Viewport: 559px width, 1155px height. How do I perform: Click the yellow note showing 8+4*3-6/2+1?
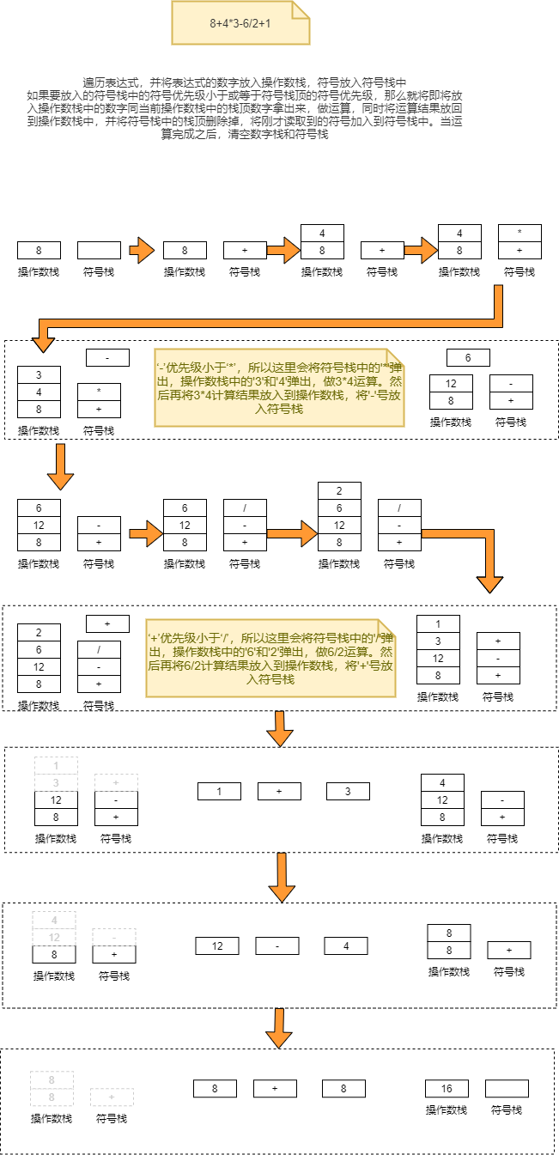[240, 23]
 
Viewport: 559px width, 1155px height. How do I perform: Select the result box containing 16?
[447, 1089]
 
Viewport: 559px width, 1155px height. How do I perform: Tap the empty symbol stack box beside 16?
[507, 1089]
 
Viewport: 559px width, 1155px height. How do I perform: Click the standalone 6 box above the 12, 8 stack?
[468, 358]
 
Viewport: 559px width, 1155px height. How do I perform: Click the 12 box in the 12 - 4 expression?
[217, 945]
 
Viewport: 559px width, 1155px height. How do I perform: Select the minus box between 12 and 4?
[277, 945]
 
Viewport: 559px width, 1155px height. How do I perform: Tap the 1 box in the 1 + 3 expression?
[219, 791]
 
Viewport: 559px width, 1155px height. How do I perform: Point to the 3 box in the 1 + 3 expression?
[348, 791]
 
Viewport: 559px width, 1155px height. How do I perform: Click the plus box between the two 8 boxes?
[275, 1089]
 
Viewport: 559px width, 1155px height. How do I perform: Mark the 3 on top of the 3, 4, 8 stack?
[39, 374]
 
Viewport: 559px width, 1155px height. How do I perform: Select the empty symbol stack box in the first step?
[99, 250]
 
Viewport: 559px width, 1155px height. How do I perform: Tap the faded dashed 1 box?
[56, 765]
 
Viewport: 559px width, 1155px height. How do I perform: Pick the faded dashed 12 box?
[54, 937]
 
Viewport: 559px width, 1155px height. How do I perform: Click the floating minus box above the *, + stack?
[107, 357]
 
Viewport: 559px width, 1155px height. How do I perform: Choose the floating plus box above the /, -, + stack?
[107, 623]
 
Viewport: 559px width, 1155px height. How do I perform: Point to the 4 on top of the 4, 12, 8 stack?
[442, 782]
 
